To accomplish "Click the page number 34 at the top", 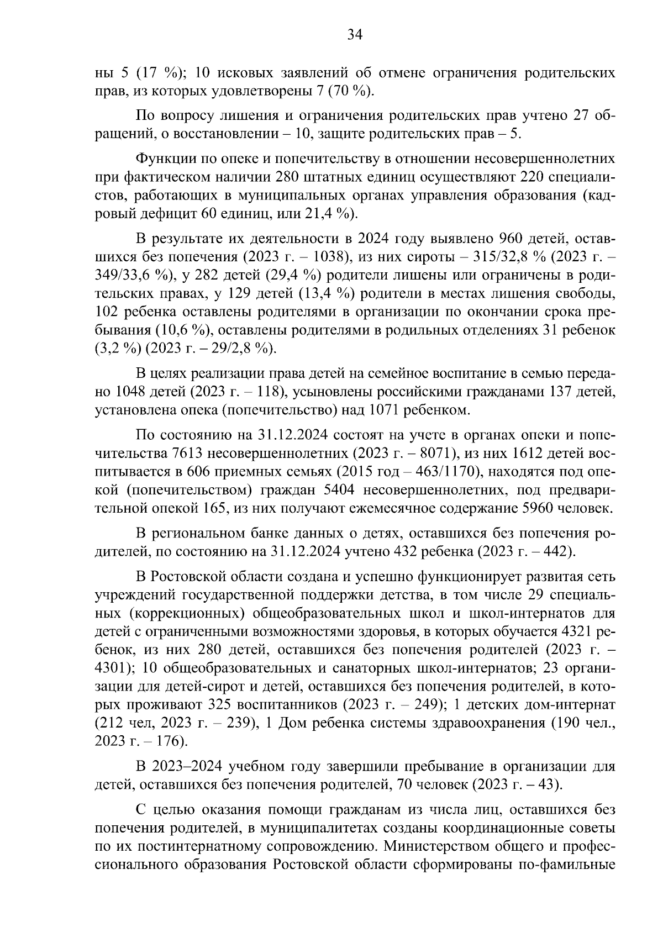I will [354, 35].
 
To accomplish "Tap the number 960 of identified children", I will [514, 240].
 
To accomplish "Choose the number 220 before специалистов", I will [535, 177].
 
